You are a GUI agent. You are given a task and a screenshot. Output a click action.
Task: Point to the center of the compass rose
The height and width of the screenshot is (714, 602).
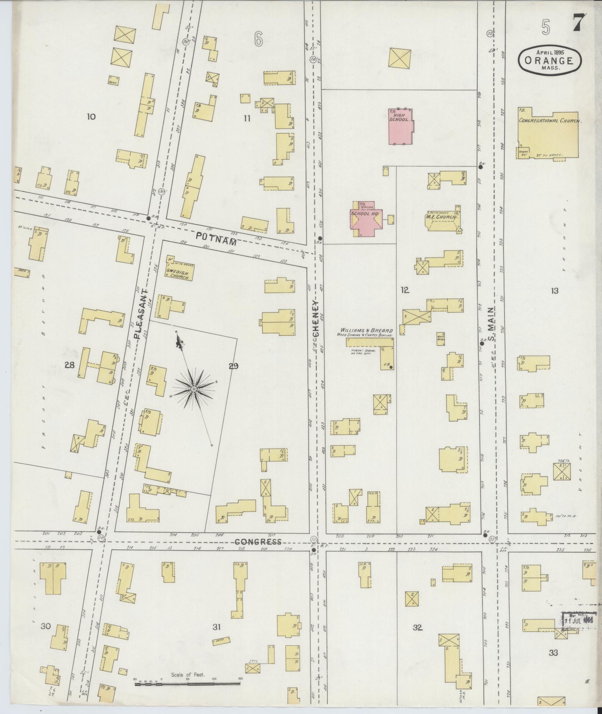[x=194, y=389]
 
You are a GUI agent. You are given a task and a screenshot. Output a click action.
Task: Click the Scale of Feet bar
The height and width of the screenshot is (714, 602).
[x=187, y=423]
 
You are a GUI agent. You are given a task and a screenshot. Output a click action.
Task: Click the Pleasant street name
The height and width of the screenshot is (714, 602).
[x=141, y=313]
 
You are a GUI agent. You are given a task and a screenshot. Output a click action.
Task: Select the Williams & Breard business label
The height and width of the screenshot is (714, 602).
[x=366, y=331]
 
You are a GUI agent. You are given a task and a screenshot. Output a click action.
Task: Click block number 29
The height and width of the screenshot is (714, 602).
[x=233, y=366]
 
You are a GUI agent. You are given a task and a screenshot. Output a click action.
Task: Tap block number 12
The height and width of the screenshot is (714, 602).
[x=405, y=290]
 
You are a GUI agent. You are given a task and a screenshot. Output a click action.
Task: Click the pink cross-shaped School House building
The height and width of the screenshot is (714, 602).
[x=365, y=220]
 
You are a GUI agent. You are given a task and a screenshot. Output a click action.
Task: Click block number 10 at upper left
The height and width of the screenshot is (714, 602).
[x=91, y=117]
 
